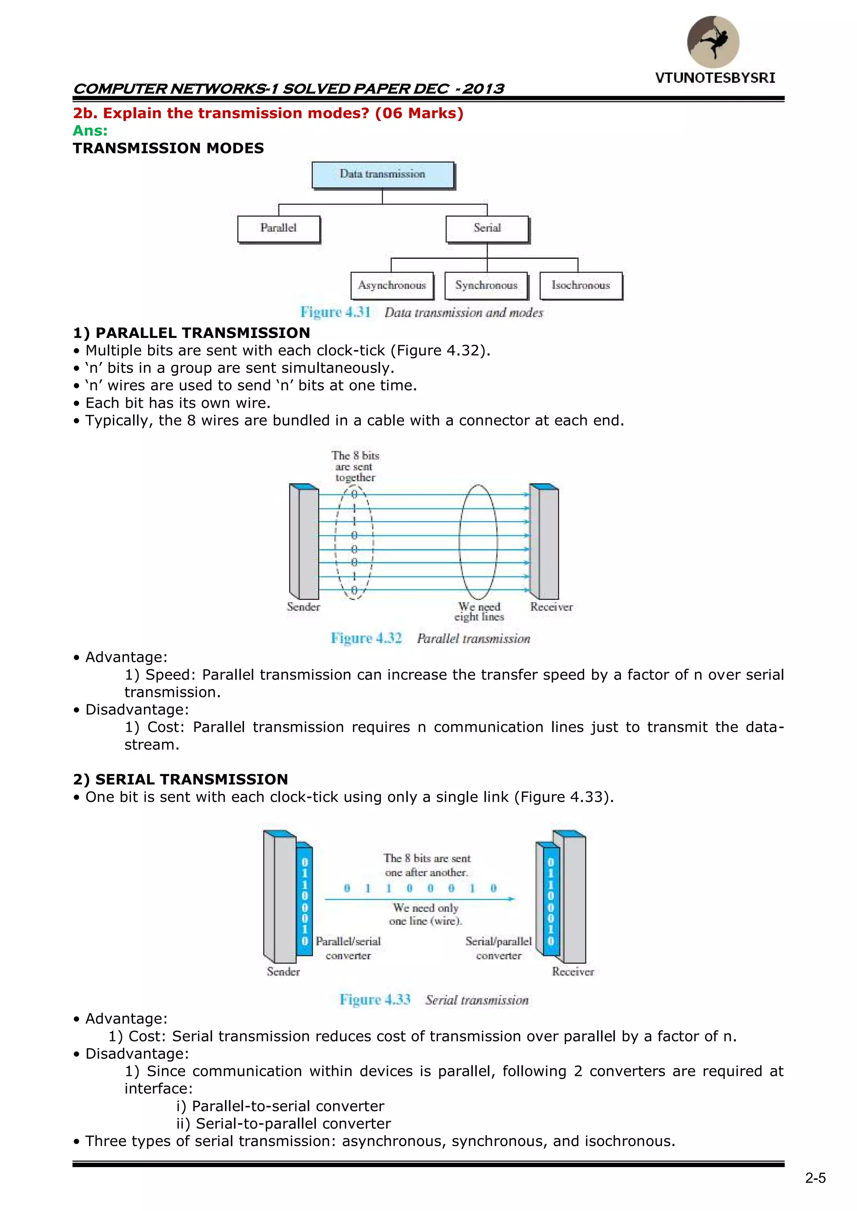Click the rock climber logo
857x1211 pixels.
pos(713,42)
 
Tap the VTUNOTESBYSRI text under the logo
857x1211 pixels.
pos(715,78)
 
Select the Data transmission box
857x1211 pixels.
pos(382,174)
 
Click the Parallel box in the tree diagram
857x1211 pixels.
pos(279,228)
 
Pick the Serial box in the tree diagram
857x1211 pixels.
pos(487,228)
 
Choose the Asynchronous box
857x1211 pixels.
pos(392,285)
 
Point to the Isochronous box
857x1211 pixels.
pos(580,285)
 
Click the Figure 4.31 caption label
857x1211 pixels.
pos(335,312)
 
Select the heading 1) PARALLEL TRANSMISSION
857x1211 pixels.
pos(192,333)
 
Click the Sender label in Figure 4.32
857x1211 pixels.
pos(303,607)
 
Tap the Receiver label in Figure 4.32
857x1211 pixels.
pos(552,607)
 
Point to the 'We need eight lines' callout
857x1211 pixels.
pos(479,612)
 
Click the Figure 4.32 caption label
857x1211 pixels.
pos(366,638)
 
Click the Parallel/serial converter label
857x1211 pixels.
pos(348,948)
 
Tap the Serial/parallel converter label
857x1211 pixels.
pos(499,948)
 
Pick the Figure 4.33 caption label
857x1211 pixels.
pos(375,999)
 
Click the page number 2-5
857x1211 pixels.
pos(815,1178)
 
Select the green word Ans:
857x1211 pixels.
pos(90,131)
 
